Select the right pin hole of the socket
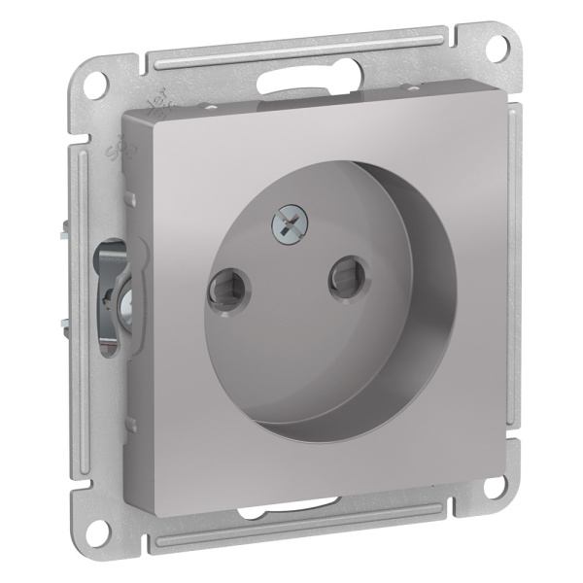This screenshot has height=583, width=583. point(347,275)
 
